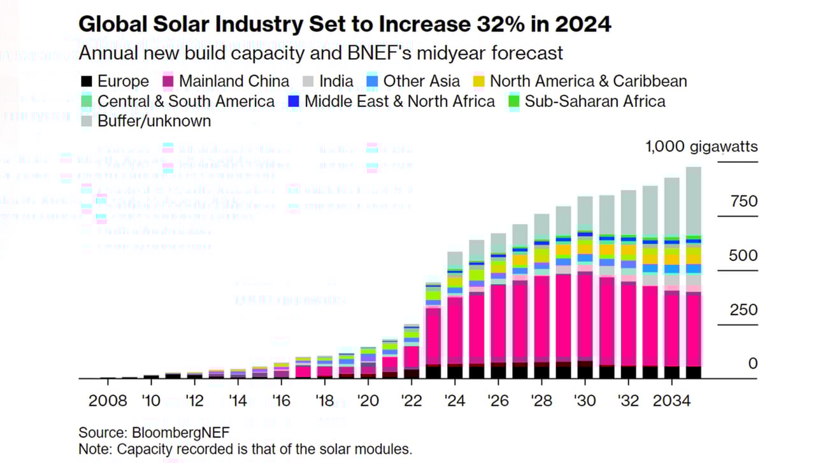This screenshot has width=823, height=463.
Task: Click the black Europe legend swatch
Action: pos(87,82)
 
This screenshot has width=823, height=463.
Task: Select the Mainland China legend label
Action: pos(234,82)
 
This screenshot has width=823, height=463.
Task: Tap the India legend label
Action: pos(336,82)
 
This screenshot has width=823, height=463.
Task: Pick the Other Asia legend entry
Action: pos(421,82)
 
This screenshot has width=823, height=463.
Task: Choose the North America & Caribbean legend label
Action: pos(588,82)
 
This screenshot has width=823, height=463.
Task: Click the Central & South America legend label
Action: pos(186,101)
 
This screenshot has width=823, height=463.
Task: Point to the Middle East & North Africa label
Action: pos(399,101)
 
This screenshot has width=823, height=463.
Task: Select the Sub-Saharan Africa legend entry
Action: pos(594,101)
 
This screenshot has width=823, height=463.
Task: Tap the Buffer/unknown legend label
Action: pos(154,121)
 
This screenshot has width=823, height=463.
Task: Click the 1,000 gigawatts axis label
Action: pos(701,147)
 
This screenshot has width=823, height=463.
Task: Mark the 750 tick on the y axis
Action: pos(744,202)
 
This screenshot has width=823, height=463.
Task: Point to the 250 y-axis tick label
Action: pos(744,310)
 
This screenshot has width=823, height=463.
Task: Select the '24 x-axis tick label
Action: pos(455,401)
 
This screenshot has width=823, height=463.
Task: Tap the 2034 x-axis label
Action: pos(672,401)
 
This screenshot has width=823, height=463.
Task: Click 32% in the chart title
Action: pos(473,24)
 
